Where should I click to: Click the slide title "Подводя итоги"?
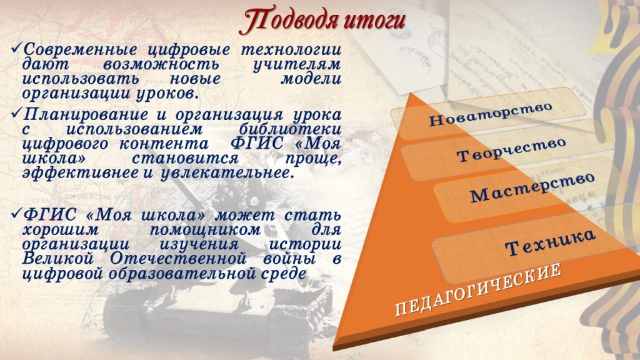[322, 21]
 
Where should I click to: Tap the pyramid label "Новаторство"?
[491, 114]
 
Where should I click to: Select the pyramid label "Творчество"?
[511, 150]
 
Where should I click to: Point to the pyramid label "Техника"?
[550, 242]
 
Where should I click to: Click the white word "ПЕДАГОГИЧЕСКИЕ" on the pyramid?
[478, 290]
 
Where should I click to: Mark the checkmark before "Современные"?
[16, 49]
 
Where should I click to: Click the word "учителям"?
[297, 65]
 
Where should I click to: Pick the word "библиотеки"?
[290, 129]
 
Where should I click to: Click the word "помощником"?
[205, 229]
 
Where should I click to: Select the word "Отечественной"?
[178, 259]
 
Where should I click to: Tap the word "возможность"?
[161, 65]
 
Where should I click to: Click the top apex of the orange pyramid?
[413, 94]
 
